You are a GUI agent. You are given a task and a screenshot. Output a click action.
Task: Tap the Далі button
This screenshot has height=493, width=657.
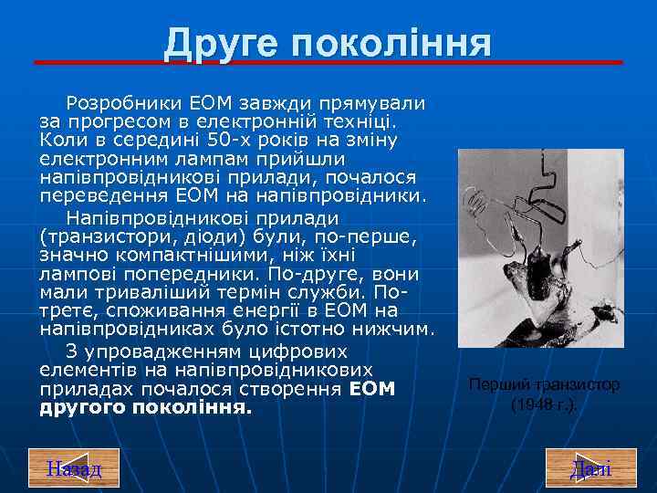[590, 469]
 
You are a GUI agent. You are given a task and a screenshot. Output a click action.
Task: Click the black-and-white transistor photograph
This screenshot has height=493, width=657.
[540, 248]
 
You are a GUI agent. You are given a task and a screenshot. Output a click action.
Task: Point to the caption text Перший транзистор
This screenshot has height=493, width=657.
[544, 385]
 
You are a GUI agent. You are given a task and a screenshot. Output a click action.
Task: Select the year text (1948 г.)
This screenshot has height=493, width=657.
[544, 404]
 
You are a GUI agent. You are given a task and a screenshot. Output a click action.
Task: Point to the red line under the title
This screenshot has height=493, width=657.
[328, 62]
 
